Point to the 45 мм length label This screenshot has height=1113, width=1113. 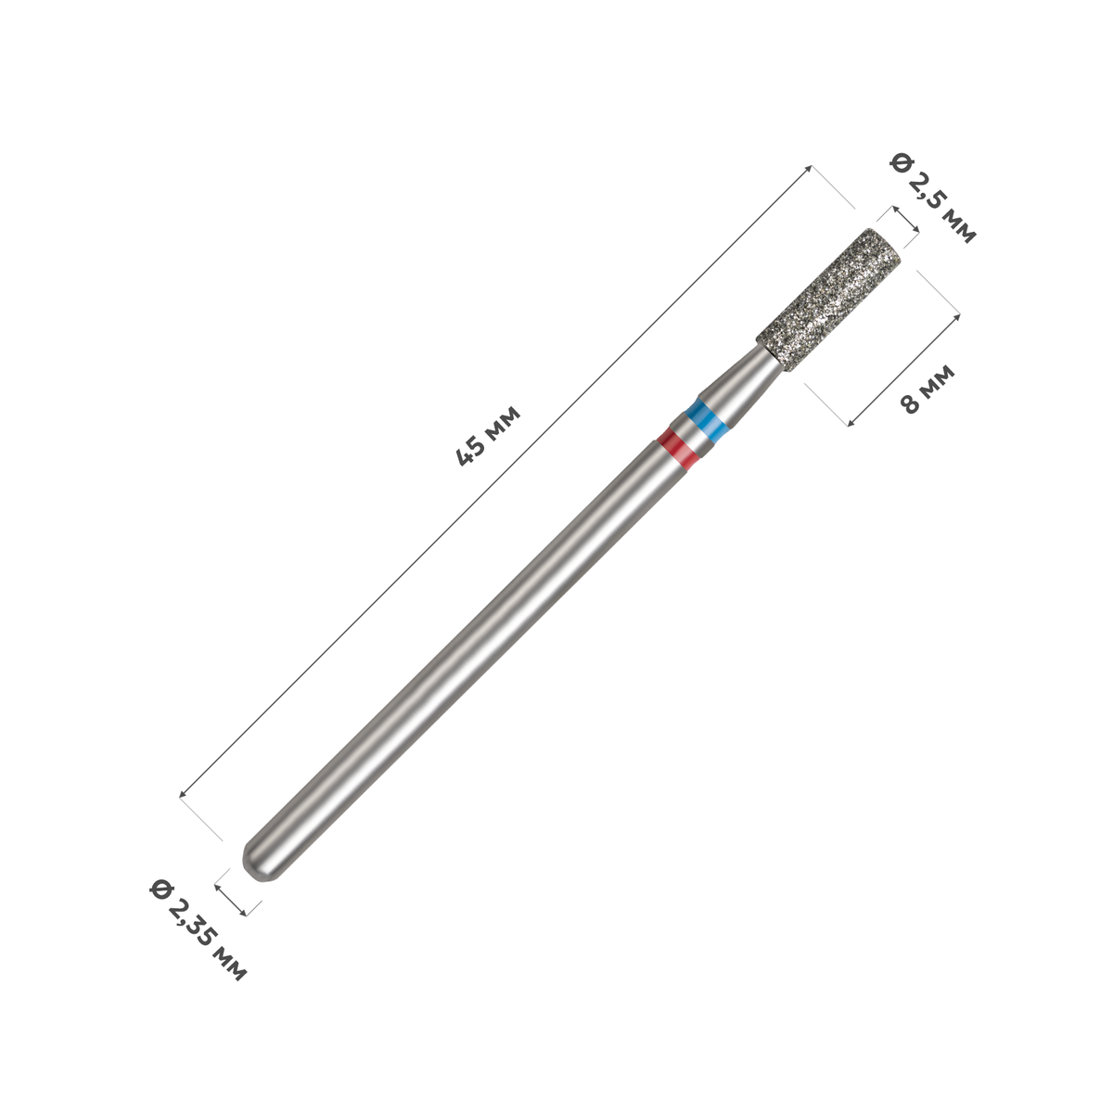(488, 436)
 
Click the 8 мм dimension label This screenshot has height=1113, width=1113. (927, 389)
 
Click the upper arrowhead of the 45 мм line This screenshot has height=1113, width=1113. (809, 169)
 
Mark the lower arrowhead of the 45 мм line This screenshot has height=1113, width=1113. (183, 795)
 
